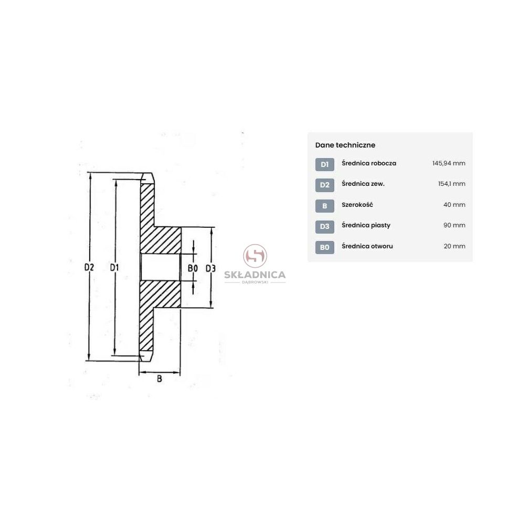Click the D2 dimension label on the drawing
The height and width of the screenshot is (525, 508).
[89, 267]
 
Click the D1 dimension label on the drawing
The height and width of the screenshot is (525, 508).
[114, 267]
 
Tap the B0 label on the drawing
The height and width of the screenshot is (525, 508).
[193, 268]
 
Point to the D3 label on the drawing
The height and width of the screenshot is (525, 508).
[210, 268]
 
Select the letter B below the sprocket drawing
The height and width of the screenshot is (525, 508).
[160, 379]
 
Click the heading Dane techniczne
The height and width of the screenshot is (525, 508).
[345, 145]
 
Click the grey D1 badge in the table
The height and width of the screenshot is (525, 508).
[325, 164]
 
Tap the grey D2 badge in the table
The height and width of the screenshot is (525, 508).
[325, 185]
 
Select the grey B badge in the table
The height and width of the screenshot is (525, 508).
[325, 206]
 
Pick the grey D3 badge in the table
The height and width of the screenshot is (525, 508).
[325, 227]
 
